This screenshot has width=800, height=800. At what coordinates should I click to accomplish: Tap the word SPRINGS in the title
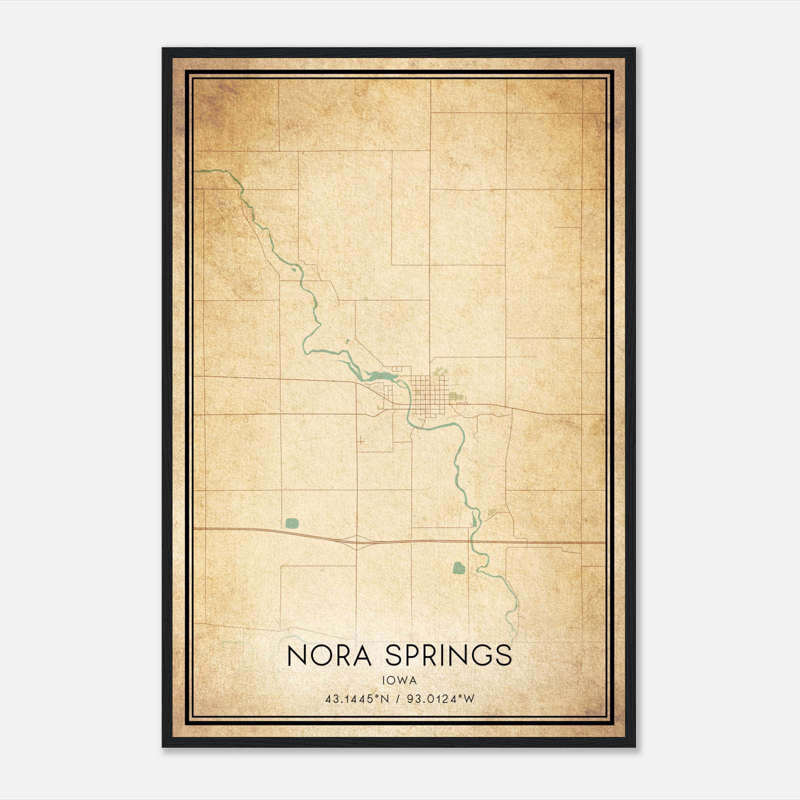(449, 655)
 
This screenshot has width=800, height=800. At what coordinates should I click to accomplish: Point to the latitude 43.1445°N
(356, 699)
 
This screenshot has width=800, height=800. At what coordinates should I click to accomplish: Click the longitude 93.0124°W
(440, 699)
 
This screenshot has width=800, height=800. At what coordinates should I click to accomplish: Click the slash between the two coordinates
(399, 699)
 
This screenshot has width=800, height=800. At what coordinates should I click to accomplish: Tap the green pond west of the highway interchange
(292, 523)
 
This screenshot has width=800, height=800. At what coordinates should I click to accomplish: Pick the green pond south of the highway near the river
(458, 567)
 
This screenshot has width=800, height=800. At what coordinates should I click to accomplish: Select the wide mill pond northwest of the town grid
(381, 375)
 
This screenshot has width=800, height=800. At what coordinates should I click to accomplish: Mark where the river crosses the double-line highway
(470, 541)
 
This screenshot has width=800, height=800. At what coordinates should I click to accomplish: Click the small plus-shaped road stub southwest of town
(359, 440)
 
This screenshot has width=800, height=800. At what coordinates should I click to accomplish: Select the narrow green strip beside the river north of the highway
(474, 520)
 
